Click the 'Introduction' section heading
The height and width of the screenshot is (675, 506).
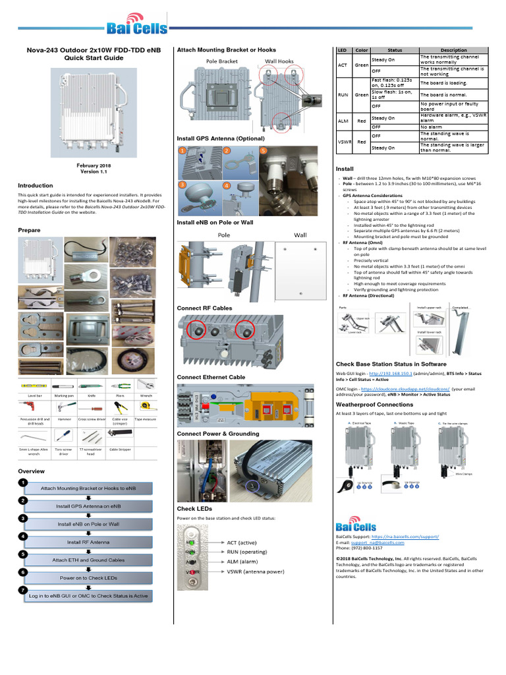[x=36, y=186]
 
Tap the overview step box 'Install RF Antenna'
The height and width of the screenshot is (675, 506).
[x=88, y=542]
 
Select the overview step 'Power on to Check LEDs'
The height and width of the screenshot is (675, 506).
[x=88, y=577]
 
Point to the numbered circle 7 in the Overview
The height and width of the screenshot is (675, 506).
[x=23, y=589]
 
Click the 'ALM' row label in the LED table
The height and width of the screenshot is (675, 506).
[x=342, y=122]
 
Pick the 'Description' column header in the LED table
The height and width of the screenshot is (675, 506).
[x=453, y=50]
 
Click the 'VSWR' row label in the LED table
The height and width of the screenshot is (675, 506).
[x=343, y=141]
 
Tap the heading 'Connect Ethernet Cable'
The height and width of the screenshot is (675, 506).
[x=211, y=377]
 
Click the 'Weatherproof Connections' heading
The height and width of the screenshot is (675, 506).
[x=374, y=404]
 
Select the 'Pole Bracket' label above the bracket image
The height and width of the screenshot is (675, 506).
[x=221, y=61]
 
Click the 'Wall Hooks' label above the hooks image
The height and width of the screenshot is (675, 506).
[x=279, y=61]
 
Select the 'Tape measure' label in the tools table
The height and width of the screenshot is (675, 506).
[x=146, y=419]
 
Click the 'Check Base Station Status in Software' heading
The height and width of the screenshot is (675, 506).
[x=391, y=364]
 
